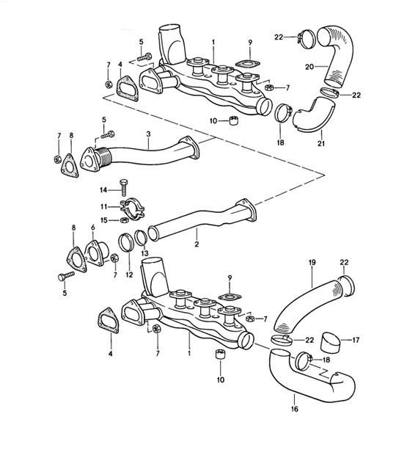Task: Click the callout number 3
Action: click(148, 134)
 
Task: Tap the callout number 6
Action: click(93, 229)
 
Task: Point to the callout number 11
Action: click(104, 208)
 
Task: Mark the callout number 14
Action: click(104, 189)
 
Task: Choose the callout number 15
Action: click(104, 220)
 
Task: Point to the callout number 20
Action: click(310, 66)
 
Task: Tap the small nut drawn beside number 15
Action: click(121, 220)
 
